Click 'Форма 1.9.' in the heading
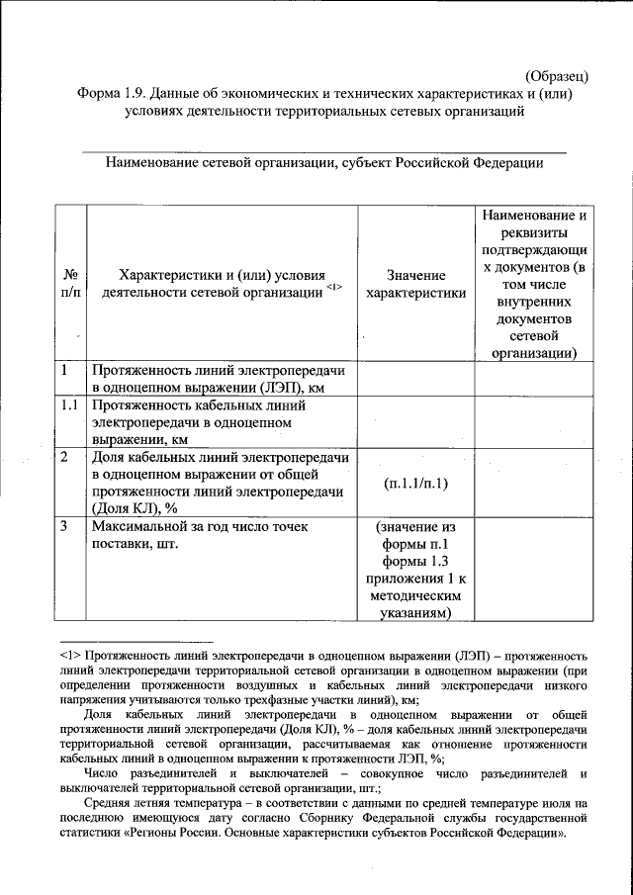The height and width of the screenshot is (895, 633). [114, 94]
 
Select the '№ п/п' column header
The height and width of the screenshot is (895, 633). [70, 285]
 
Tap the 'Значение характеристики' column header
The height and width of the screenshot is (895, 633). [415, 284]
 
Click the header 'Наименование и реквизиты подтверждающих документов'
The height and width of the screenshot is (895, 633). [533, 284]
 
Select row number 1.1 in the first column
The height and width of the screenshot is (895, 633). [68, 405]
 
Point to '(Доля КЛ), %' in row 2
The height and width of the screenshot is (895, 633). [135, 508]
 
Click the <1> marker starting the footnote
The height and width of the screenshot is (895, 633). [70, 655]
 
